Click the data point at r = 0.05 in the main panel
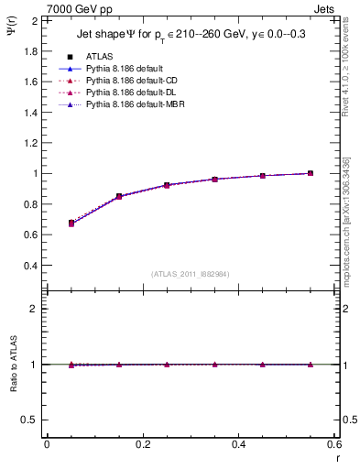[x=71, y=223]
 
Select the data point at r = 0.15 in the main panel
[x=119, y=196]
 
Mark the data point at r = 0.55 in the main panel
[x=311, y=173]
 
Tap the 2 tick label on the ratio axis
[x=35, y=309]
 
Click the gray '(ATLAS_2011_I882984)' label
[x=190, y=274]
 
